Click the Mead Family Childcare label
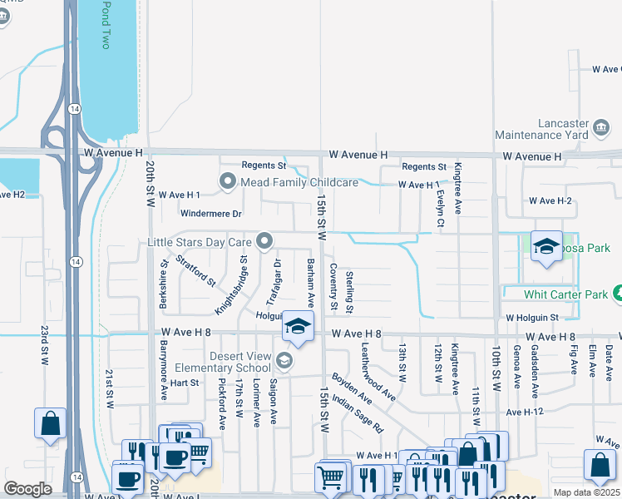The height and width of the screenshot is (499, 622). coord(299,182)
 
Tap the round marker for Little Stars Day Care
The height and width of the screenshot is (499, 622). coord(265,242)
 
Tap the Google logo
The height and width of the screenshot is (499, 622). coord(27,489)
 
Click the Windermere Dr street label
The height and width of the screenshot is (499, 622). coord(212,214)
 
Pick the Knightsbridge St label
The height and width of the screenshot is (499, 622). coord(231,284)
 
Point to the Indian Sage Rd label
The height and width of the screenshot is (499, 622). coord(357,414)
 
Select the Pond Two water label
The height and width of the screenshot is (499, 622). coord(106,25)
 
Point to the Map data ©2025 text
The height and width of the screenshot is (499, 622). coord(587,492)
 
